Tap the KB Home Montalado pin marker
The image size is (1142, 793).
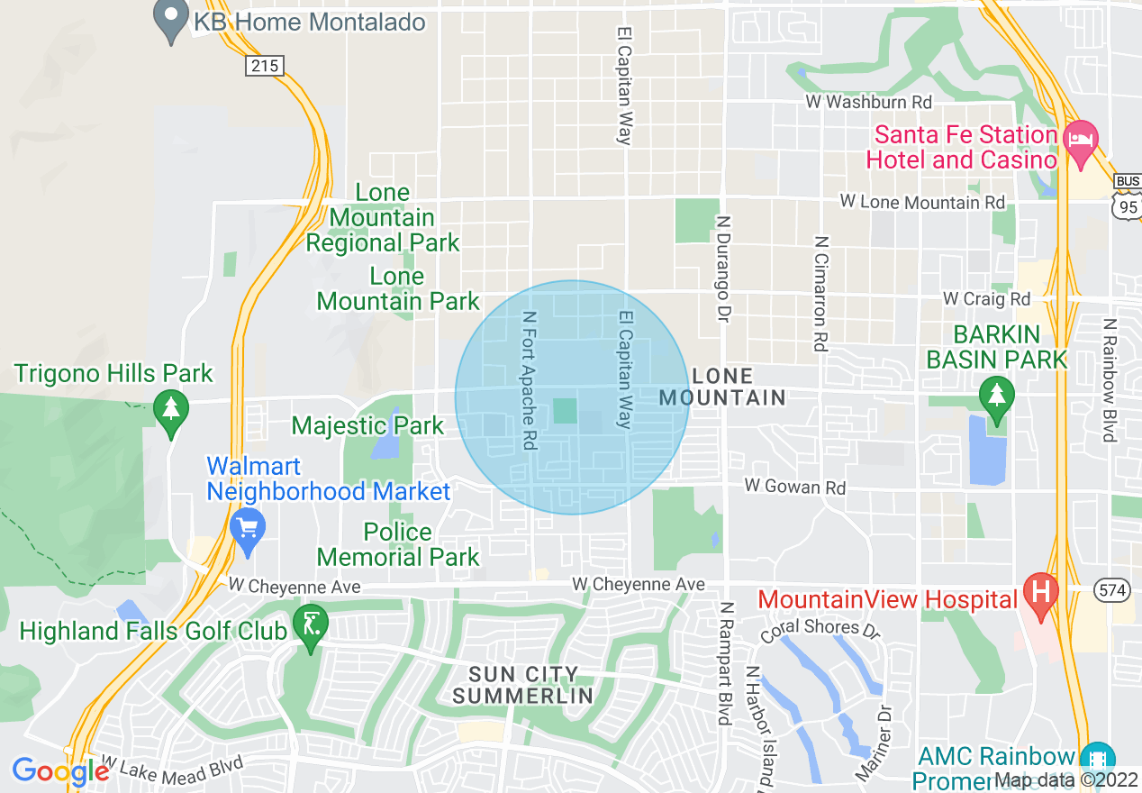(169, 22)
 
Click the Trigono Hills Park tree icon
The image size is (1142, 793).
(170, 411)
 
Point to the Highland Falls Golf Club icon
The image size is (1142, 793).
(311, 627)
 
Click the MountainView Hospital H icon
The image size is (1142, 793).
(1041, 596)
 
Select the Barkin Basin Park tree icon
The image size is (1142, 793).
(996, 396)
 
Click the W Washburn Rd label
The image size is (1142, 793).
(868, 103)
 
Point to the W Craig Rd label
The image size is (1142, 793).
(986, 298)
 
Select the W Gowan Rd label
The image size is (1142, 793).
(795, 487)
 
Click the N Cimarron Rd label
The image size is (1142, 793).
(820, 293)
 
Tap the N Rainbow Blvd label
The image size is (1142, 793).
(1110, 379)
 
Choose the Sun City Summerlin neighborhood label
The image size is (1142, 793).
(522, 685)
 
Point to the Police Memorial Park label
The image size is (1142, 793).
(398, 544)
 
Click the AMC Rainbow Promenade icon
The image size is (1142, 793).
(1098, 756)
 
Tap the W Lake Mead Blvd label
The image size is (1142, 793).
(171, 767)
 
